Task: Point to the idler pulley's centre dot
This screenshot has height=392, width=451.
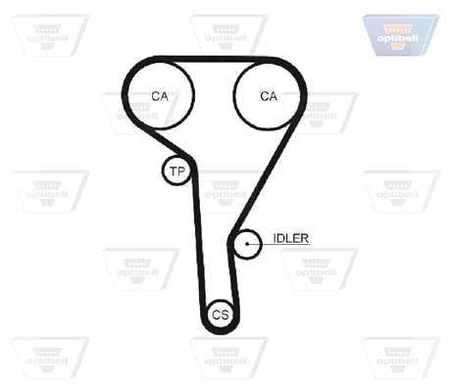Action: pos(247,244)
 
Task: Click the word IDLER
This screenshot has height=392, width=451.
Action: pos(290,238)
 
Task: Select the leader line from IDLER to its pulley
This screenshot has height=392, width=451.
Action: pos(278,244)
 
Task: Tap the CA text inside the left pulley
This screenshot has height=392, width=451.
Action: pos(160,96)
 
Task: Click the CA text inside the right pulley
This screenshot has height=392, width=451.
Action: pos(269,96)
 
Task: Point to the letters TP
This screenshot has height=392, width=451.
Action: pos(177,171)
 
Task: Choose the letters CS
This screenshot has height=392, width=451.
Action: pos(221,315)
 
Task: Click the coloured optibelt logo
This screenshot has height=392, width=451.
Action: pos(401,35)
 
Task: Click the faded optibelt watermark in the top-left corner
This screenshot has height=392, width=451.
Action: pos(50,35)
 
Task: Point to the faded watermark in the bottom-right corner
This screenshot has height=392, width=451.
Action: pos(401,358)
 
